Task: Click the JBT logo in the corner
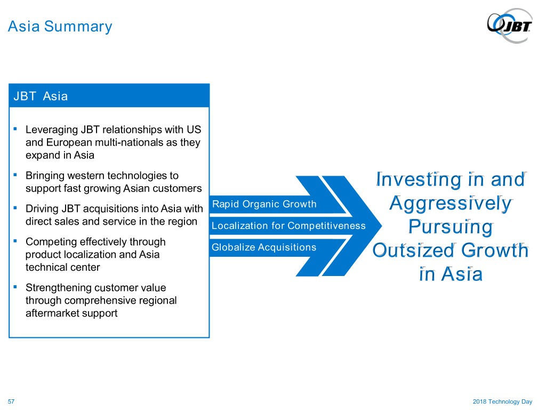[510, 26]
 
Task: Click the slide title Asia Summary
[60, 27]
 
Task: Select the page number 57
[11, 401]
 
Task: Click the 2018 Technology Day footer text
[502, 401]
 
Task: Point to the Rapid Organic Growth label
[264, 204]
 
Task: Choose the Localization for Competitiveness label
[288, 226]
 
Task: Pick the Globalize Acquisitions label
[264, 247]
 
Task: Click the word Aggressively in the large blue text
[451, 204]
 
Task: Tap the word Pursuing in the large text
[451, 227]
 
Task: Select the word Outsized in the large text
[414, 250]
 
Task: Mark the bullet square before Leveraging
[15, 129]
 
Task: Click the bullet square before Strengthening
[15, 287]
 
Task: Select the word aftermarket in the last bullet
[52, 313]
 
